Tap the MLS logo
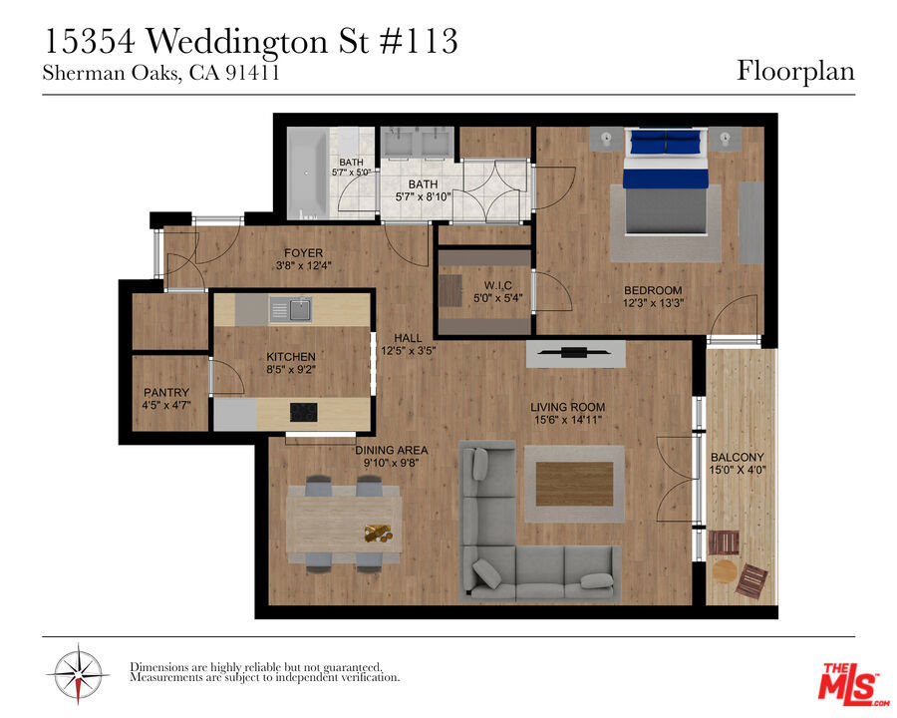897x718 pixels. pyautogui.click(x=851, y=684)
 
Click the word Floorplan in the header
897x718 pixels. pyautogui.click(x=795, y=72)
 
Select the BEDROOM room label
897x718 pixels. pyautogui.click(x=653, y=290)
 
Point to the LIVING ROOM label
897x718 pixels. pyautogui.click(x=567, y=407)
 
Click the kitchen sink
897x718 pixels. pyautogui.click(x=290, y=310)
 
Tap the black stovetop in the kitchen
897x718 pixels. pyautogui.click(x=303, y=412)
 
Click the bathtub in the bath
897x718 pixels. pyautogui.click(x=308, y=173)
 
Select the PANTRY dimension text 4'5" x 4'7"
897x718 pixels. pyautogui.click(x=166, y=405)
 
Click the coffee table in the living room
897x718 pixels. pyautogui.click(x=574, y=484)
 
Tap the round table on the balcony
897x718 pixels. pyautogui.click(x=725, y=570)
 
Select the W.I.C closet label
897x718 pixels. pyautogui.click(x=497, y=285)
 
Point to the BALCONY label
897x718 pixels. pyautogui.click(x=737, y=457)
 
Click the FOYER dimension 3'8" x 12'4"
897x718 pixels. pyautogui.click(x=303, y=265)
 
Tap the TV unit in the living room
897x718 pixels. pyautogui.click(x=575, y=353)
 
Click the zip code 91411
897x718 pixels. pyautogui.click(x=252, y=73)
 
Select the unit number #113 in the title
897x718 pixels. pyautogui.click(x=419, y=41)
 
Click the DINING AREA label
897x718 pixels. pyautogui.click(x=392, y=450)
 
